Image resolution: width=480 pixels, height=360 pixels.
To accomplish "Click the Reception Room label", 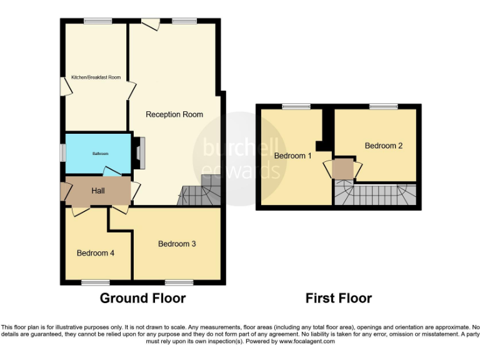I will point(174,114).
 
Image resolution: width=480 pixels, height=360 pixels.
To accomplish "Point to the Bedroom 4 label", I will point(95,253).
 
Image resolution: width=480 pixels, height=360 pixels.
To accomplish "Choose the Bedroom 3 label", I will point(177,244).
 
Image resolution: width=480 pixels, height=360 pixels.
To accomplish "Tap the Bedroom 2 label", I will point(384,146).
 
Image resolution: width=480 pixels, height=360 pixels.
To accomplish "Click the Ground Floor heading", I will point(142,298).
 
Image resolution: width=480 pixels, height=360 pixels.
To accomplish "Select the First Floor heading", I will point(338,298).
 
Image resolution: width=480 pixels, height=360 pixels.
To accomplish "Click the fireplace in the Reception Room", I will point(142,152).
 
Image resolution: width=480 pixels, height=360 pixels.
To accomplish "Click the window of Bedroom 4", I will point(95,282).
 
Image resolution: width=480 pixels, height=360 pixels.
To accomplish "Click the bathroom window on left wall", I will point(62,152).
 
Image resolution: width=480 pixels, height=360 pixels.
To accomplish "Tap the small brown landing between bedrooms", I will point(342,169).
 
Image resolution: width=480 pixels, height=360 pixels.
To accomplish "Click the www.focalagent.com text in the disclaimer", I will point(306,341).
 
